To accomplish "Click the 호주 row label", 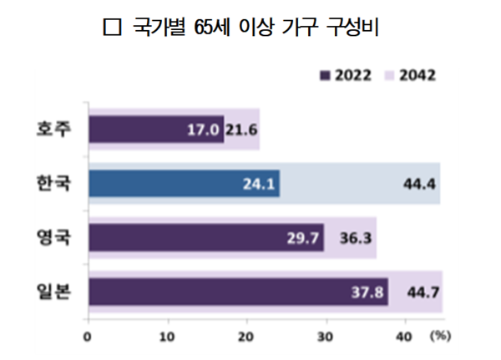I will tap(54, 129).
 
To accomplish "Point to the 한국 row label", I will tap(54, 183).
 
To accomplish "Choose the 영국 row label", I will tap(54, 236).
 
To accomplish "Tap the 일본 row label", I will tap(54, 291).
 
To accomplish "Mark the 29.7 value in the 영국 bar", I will tap(305, 238).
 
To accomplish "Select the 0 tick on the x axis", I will tap(88, 337).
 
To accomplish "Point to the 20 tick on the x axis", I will tap(246, 337).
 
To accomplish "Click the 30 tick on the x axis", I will tap(326, 337).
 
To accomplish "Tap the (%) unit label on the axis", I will tap(440, 337).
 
